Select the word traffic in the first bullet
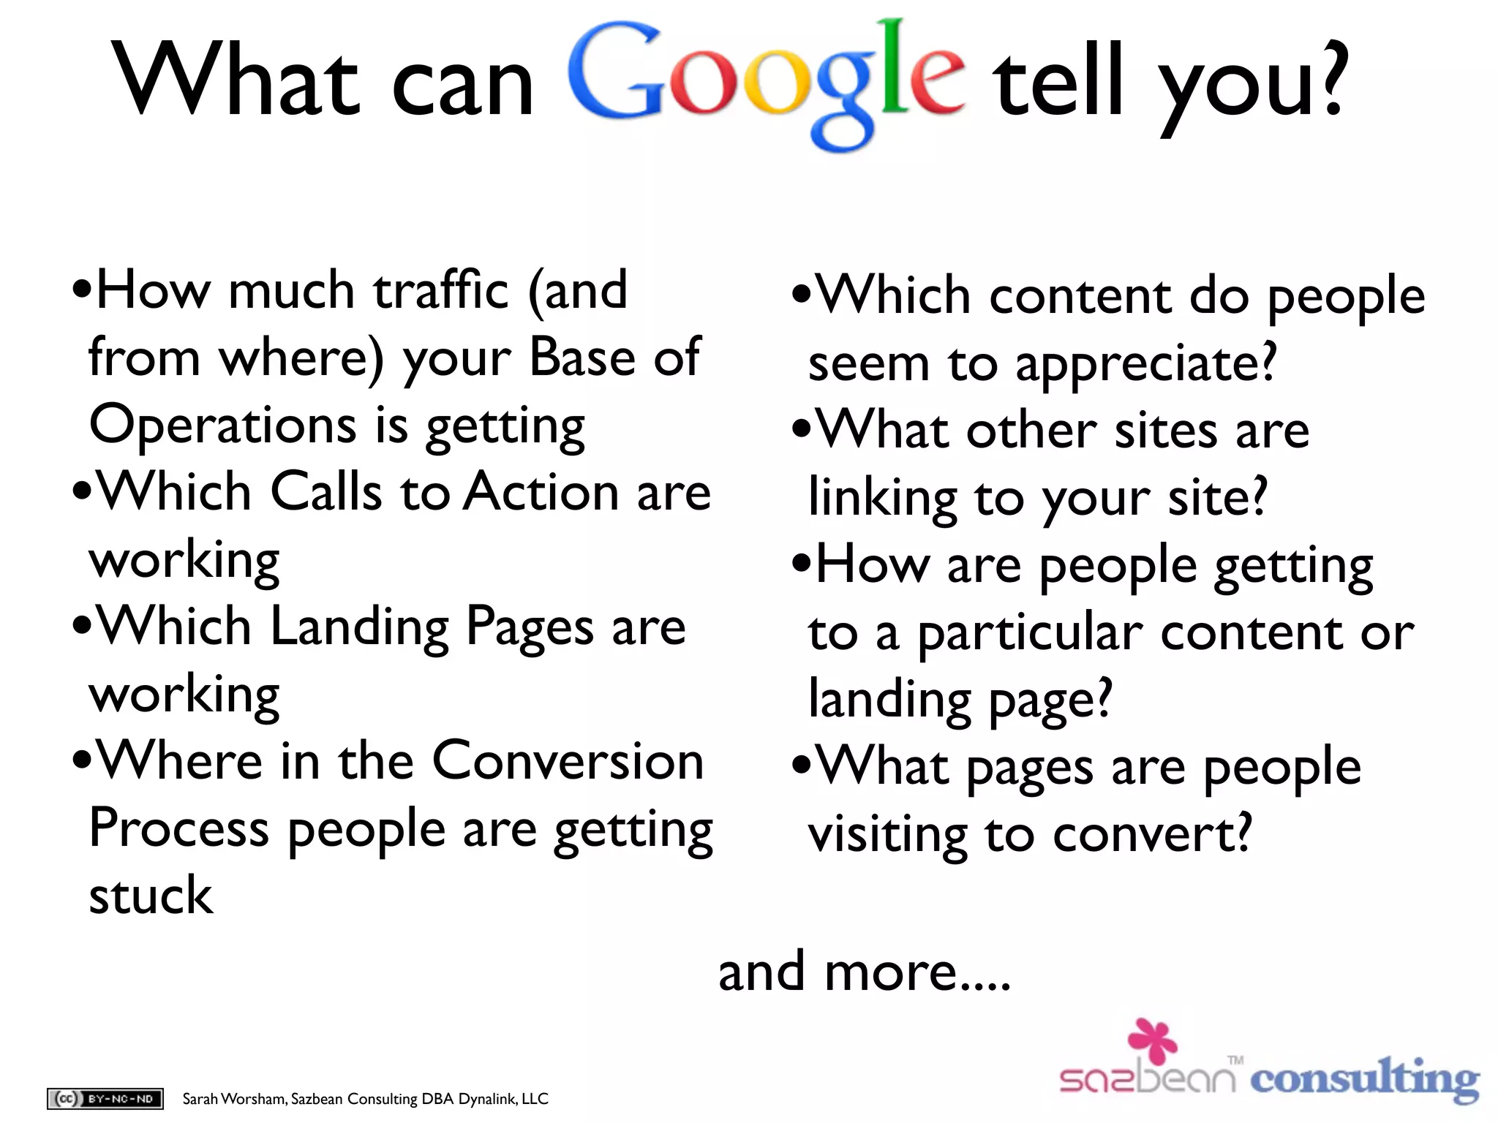coord(441,290)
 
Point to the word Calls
coord(326,491)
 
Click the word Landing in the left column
coord(360,627)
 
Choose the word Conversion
coord(568,762)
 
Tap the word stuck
coord(151,896)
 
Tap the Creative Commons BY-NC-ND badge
coord(105,1098)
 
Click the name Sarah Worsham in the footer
coord(234,1099)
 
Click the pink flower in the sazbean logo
coord(1153,1040)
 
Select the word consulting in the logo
coord(1364,1079)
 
